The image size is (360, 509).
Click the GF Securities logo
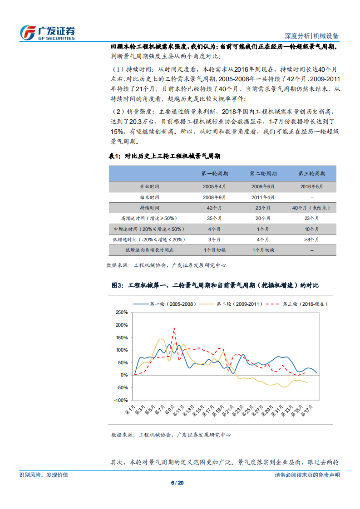click(47, 32)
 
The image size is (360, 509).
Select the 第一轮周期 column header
click(215, 174)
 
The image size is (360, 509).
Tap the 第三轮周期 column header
click(312, 174)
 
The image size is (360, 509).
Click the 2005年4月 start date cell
click(215, 186)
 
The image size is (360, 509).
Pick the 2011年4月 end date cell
click(263, 197)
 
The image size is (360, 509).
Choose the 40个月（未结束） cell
click(312, 208)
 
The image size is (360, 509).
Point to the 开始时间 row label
click(150, 186)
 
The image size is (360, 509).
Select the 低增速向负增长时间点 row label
click(150, 250)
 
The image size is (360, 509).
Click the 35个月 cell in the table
click(215, 218)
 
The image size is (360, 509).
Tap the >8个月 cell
click(312, 240)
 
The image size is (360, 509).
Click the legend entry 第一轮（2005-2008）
click(165, 304)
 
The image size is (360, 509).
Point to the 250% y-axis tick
click(121, 313)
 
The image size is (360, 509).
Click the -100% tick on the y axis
click(121, 401)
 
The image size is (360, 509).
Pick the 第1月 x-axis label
click(129, 411)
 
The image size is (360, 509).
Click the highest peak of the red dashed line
click(174, 328)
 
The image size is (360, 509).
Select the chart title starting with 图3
click(215, 285)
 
